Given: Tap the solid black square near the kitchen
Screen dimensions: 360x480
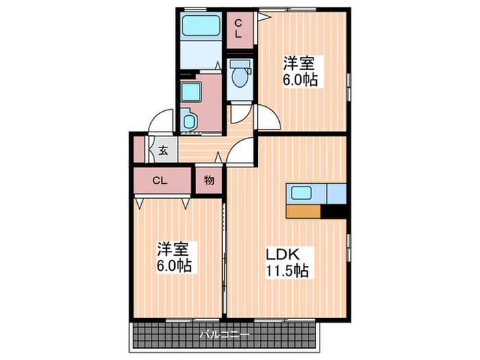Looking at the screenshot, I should click(335, 212).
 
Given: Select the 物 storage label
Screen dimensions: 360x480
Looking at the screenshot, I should click(209, 181).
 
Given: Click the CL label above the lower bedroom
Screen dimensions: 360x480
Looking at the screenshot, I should click(159, 181).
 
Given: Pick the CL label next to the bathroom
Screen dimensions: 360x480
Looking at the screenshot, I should click(239, 29).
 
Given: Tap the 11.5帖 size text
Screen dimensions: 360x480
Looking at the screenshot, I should click(287, 270).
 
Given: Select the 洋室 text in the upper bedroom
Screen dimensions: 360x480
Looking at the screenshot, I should click(300, 63).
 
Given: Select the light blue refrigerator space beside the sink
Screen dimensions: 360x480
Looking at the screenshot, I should click(337, 193).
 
